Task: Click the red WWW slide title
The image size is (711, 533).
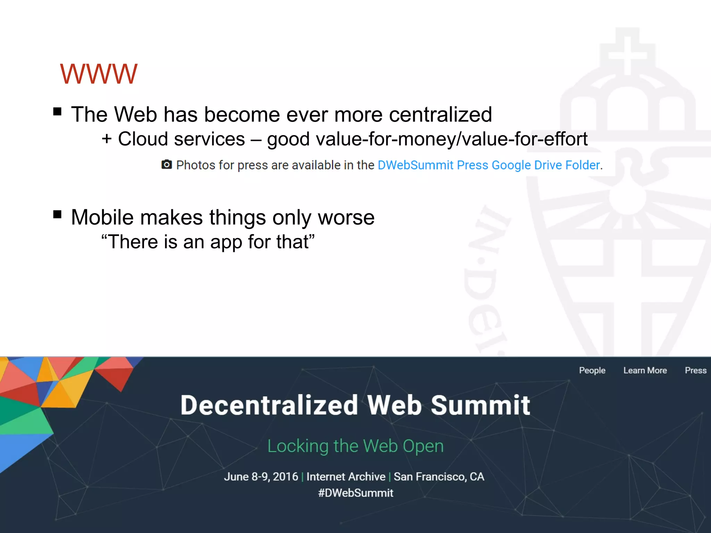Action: [x=99, y=74]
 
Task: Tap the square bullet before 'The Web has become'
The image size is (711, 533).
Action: [x=57, y=112]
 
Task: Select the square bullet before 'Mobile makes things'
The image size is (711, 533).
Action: [x=57, y=214]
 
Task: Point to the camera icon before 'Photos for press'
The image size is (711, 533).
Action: [x=167, y=164]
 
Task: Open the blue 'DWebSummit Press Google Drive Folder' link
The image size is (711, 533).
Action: [x=489, y=165]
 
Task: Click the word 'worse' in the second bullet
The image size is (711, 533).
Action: [x=346, y=218]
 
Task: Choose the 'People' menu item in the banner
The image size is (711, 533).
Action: [x=592, y=371]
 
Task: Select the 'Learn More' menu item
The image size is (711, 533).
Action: [x=645, y=371]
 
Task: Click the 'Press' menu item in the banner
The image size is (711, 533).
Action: [x=695, y=371]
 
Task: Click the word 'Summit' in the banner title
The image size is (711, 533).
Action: [x=480, y=405]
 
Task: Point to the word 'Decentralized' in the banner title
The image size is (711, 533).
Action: [x=269, y=405]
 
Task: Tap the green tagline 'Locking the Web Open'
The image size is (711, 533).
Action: [x=355, y=446]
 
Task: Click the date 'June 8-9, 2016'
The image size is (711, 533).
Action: [x=261, y=477]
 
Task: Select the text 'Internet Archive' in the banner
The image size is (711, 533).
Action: [x=346, y=477]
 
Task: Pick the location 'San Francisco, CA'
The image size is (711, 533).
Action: [x=439, y=477]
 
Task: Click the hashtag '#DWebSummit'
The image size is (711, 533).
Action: [x=355, y=493]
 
